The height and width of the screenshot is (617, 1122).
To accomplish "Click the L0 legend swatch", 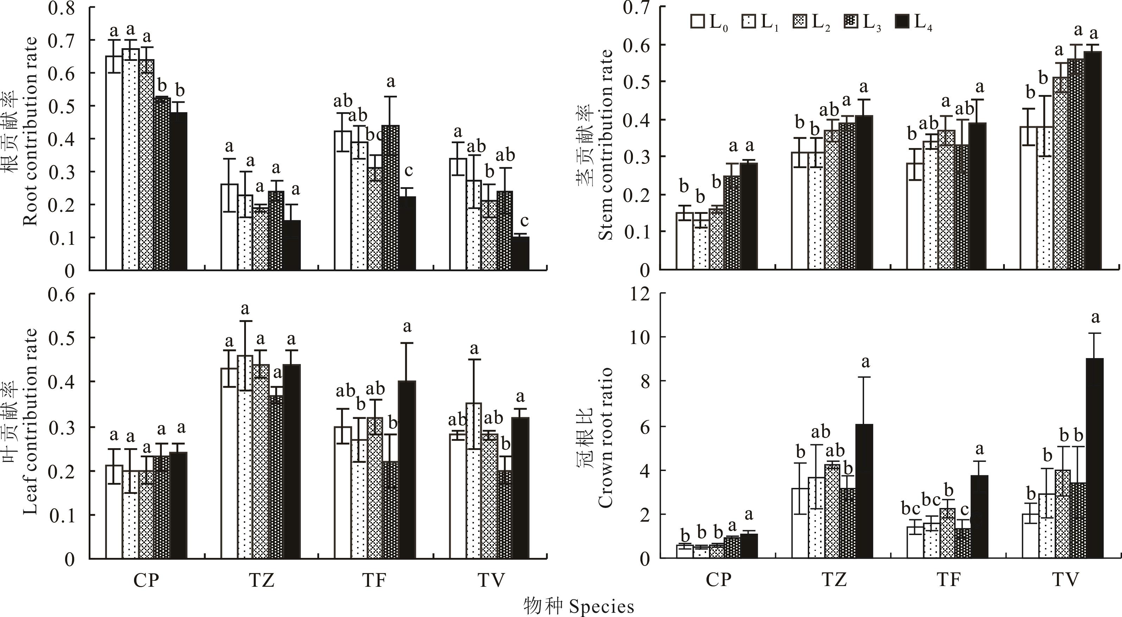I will click(698, 22).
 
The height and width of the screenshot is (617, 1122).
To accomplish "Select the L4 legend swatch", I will click(902, 22).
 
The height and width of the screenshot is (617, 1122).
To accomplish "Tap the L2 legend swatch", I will click(800, 22).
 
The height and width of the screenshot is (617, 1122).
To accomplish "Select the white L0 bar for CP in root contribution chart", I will click(114, 163).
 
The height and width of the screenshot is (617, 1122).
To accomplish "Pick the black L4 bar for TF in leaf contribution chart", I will click(407, 469).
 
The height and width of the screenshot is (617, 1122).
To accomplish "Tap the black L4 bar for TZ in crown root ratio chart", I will click(864, 491).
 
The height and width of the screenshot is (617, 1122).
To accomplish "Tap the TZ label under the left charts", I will click(261, 580).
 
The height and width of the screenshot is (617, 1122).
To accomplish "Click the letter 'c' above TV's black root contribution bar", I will click(524, 221).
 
